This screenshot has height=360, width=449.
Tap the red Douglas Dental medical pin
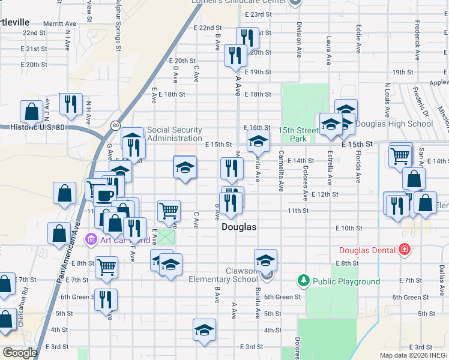[x=405, y=249]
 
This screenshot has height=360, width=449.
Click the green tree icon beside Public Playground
[x=304, y=280]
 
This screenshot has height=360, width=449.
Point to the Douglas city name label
[x=239, y=227]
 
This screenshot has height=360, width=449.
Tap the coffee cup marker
[x=104, y=194]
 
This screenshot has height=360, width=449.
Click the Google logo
[x=20, y=353]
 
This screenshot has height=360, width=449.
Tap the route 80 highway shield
[x=115, y=125]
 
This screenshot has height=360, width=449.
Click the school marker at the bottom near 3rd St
[x=204, y=330]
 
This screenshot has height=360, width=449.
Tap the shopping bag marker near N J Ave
[x=31, y=112]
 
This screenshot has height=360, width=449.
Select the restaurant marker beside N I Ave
[x=71, y=104]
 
